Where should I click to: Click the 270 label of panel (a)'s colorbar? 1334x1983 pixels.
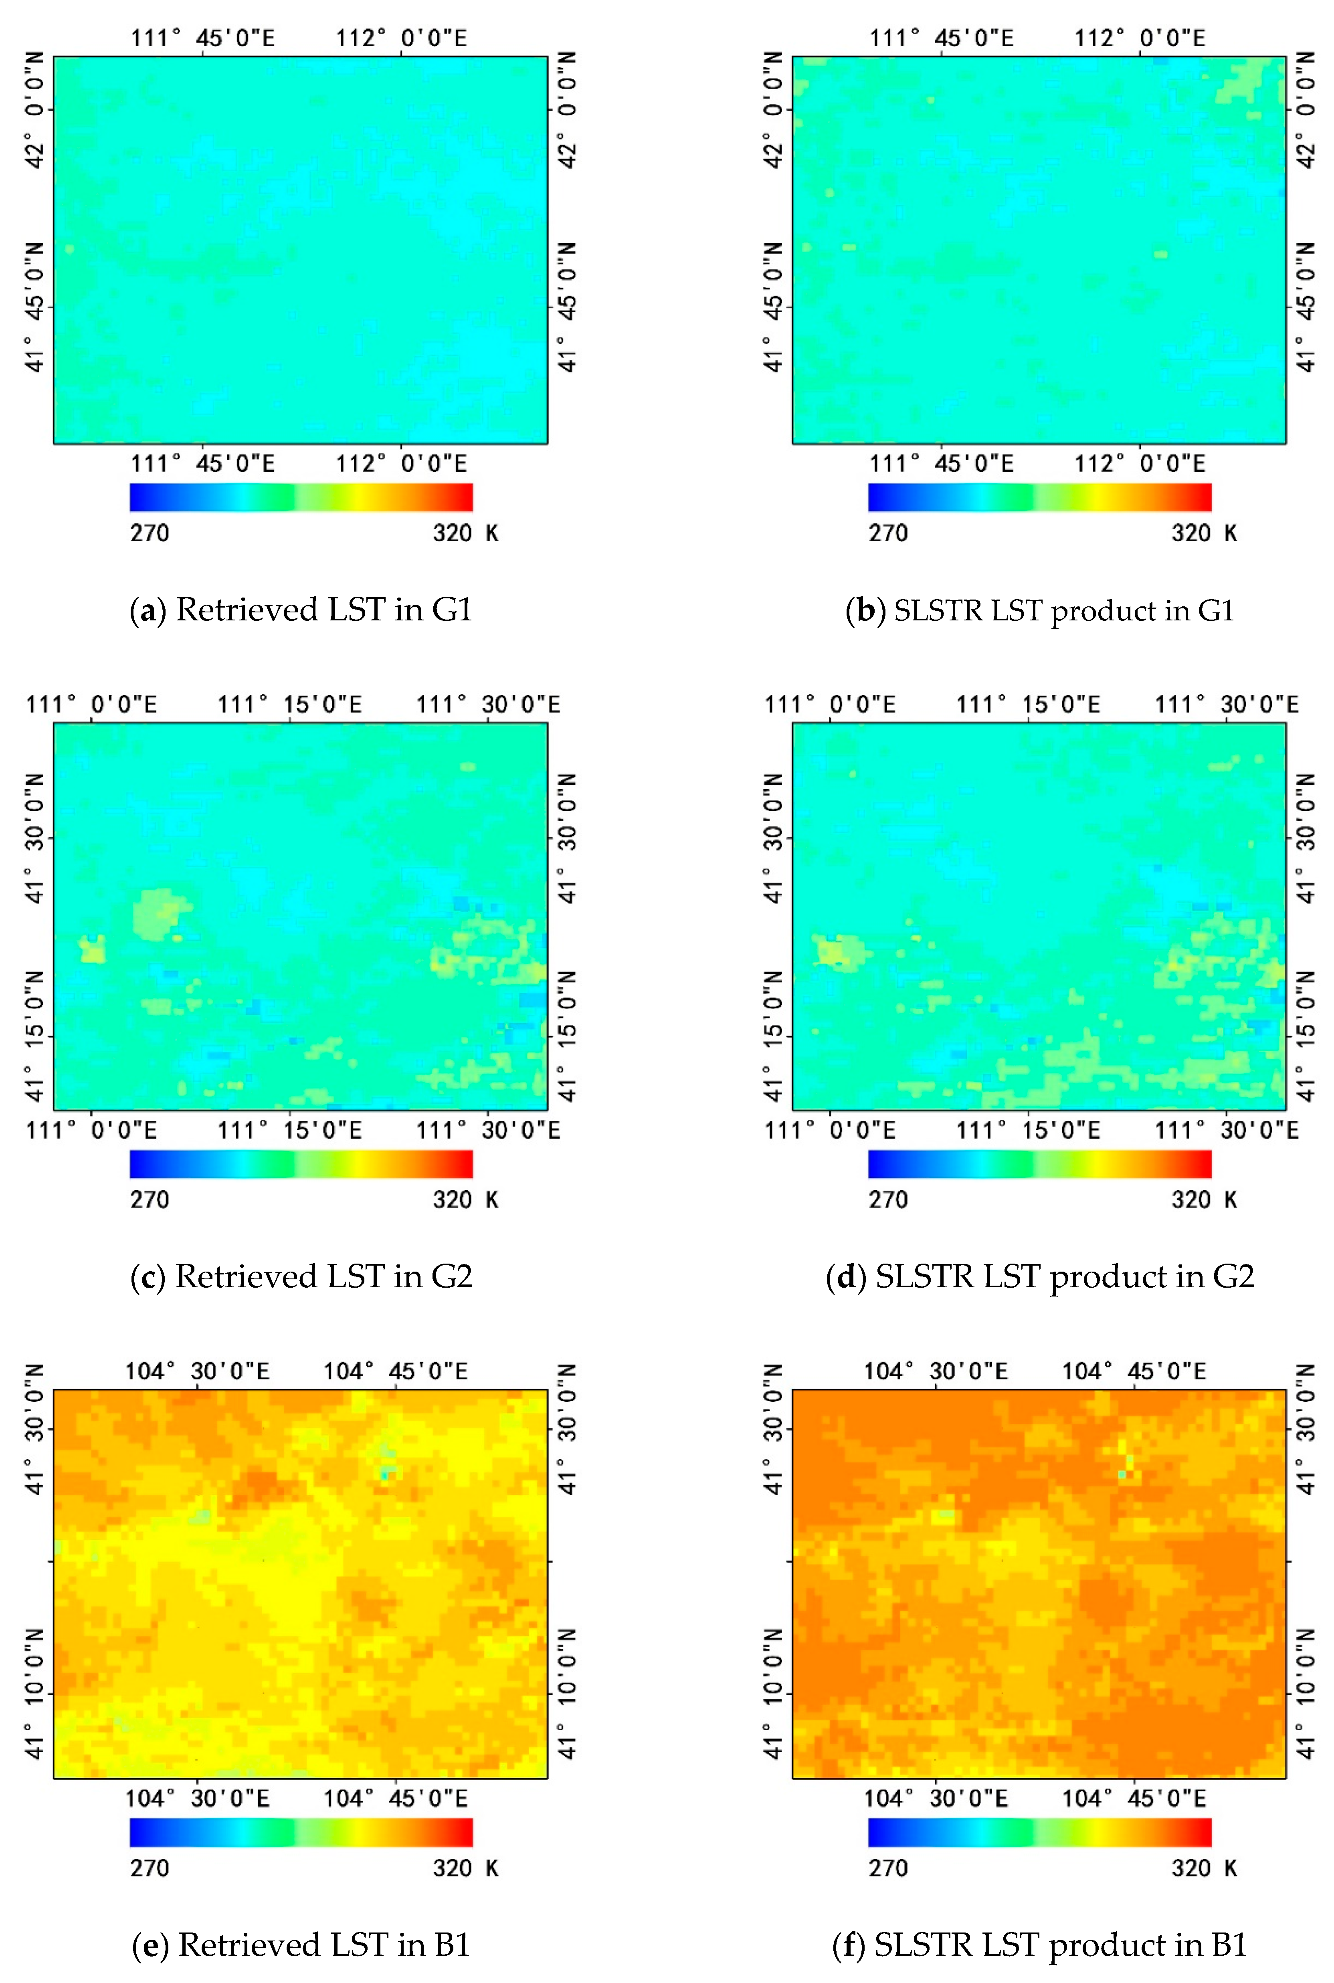click(x=149, y=533)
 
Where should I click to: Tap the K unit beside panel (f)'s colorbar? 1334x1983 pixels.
click(x=1230, y=1868)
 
